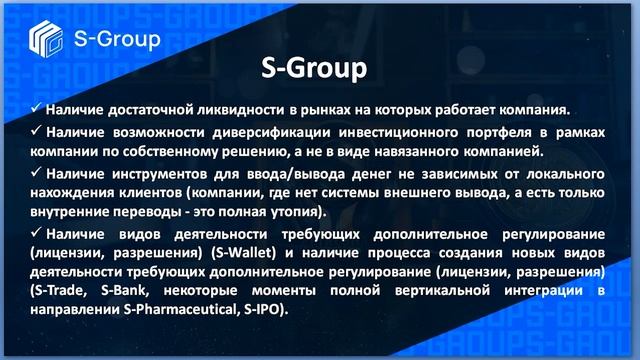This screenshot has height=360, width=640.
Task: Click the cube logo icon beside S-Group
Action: pyautogui.click(x=44, y=40)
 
